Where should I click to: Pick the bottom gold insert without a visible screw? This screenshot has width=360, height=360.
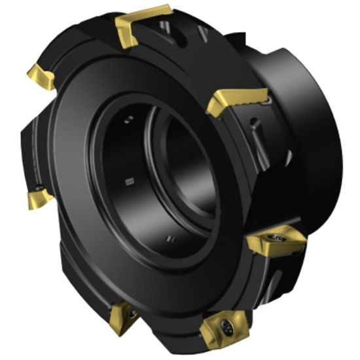point(122,316)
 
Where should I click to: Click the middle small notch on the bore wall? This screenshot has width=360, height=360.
point(130,179)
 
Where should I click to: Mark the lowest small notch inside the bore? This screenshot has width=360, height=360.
point(170,236)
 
